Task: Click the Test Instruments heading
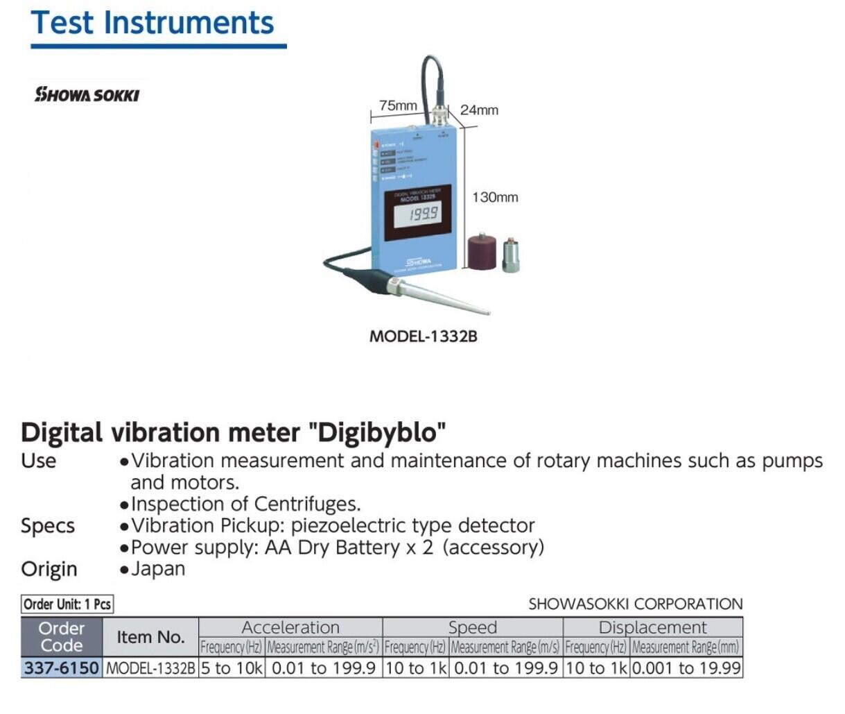(153, 22)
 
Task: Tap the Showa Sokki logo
(87, 94)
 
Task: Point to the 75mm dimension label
(398, 105)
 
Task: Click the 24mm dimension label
(479, 110)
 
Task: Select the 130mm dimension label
(495, 197)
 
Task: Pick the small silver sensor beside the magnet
(511, 255)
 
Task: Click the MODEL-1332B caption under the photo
(423, 337)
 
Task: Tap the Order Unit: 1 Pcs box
(67, 604)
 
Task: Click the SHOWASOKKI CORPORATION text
(635, 604)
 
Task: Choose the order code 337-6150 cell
(62, 668)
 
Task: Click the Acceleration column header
(290, 627)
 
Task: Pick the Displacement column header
(652, 627)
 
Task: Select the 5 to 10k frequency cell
(232, 668)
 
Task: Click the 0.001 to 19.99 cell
(686, 668)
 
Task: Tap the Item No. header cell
(150, 637)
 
